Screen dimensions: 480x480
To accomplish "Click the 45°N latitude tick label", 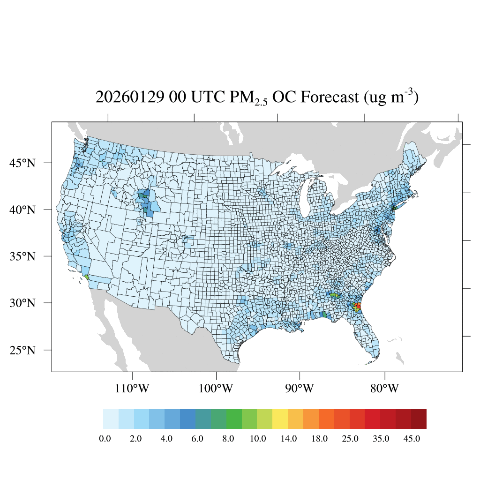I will [x=23, y=163].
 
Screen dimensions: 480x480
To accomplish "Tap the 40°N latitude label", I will [x=23, y=210].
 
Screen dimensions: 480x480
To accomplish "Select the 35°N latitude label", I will [x=23, y=256].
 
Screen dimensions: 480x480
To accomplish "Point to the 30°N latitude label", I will [x=23, y=303].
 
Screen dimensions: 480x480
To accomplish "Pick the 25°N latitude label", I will [x=23, y=350].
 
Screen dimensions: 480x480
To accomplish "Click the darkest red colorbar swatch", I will [x=419, y=419].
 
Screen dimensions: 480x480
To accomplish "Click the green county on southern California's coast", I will [x=87, y=277].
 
